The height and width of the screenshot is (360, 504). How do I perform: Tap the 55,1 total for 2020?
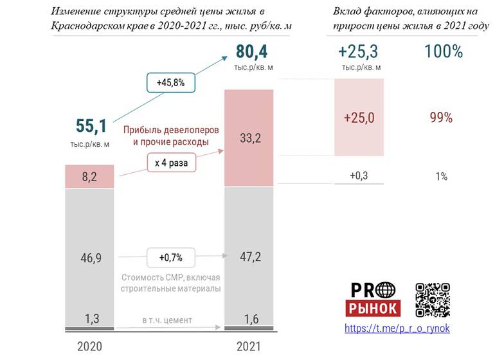91,125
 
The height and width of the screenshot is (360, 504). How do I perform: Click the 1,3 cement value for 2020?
91,317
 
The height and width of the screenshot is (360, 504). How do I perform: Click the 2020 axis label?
91,346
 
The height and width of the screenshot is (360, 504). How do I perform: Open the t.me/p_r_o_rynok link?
397,328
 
